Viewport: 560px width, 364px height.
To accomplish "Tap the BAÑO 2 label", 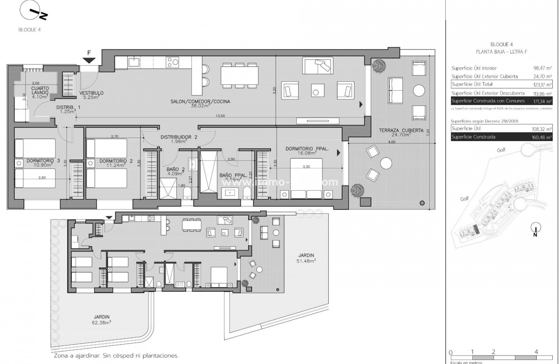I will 175,170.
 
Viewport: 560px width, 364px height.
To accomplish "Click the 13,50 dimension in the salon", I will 219,116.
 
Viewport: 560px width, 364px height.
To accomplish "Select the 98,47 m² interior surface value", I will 542,68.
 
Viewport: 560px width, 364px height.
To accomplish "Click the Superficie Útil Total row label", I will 472,84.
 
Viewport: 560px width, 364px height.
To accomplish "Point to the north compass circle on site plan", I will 535,228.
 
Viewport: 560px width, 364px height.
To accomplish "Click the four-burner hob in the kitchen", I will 172,63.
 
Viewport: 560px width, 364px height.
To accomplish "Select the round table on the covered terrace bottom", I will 386,163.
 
